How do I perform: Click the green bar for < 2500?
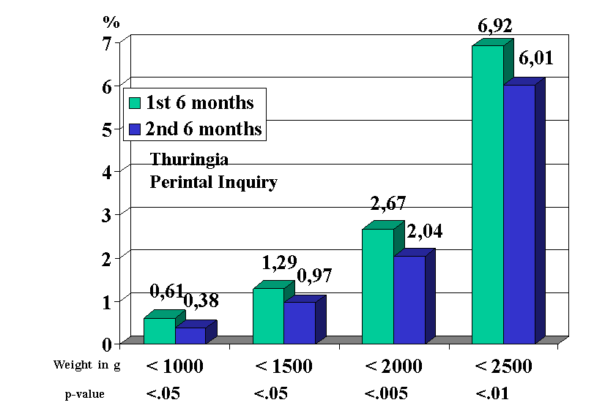(x=487, y=194)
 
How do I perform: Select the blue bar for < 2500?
(x=519, y=214)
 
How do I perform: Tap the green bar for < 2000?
(x=378, y=285)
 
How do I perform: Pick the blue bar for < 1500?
(x=299, y=322)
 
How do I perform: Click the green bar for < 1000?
(x=159, y=330)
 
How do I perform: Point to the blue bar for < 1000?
(x=190, y=335)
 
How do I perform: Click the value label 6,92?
(x=494, y=27)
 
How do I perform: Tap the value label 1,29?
(x=279, y=261)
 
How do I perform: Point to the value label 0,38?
(x=200, y=300)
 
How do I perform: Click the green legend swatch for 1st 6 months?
(x=136, y=102)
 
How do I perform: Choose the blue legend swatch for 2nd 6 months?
(x=136, y=129)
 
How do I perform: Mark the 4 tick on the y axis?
(x=107, y=172)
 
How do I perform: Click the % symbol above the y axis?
(x=111, y=21)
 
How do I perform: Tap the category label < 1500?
(x=285, y=366)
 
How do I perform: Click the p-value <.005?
(x=387, y=394)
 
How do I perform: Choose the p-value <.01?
(x=492, y=394)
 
